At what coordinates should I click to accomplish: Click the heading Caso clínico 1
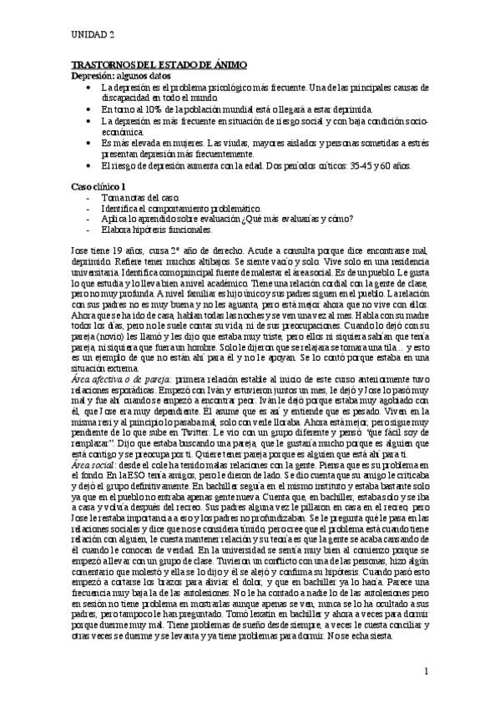(98, 186)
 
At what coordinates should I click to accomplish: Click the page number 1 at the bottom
(425, 670)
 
